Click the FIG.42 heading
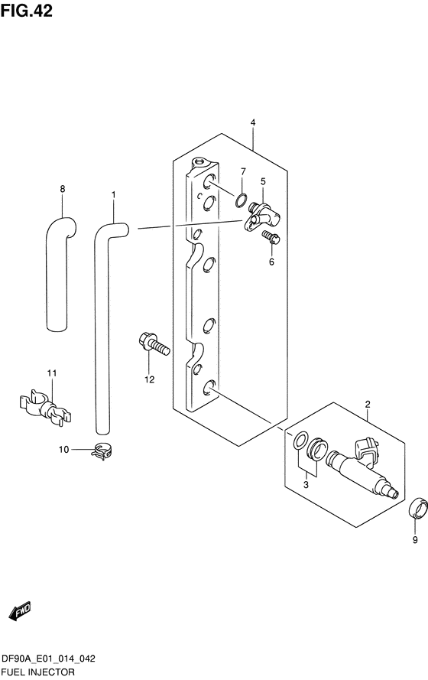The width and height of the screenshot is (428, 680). click(27, 11)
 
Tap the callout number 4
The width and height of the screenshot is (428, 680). click(253, 122)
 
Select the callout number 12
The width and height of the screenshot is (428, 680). click(150, 379)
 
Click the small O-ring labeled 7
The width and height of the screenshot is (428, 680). click(242, 200)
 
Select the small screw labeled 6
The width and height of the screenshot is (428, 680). click(271, 238)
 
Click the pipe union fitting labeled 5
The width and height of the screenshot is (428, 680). click(262, 216)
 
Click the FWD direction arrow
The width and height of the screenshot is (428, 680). click(20, 610)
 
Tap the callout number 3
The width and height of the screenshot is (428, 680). click(306, 485)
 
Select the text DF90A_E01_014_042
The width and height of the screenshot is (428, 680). click(48, 659)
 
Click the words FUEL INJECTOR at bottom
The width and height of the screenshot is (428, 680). click(37, 672)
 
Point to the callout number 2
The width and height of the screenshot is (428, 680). click(368, 405)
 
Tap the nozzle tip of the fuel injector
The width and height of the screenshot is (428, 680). click(394, 494)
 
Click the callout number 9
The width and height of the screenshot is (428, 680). click(415, 540)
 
